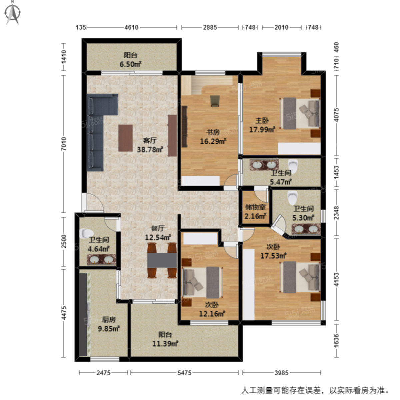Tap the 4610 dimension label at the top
coord(131,27)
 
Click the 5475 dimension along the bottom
coord(184,373)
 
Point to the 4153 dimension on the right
coord(336,279)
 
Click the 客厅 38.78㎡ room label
coord(150,145)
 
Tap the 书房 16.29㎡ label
coord(213,137)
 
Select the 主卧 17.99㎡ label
coord(262,125)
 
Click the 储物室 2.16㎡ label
coord(255,212)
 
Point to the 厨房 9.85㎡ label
coord(109,324)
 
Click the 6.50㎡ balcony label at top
coord(131,60)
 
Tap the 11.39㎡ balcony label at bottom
coord(165,339)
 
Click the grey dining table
coord(162,260)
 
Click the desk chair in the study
coord(215,101)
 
